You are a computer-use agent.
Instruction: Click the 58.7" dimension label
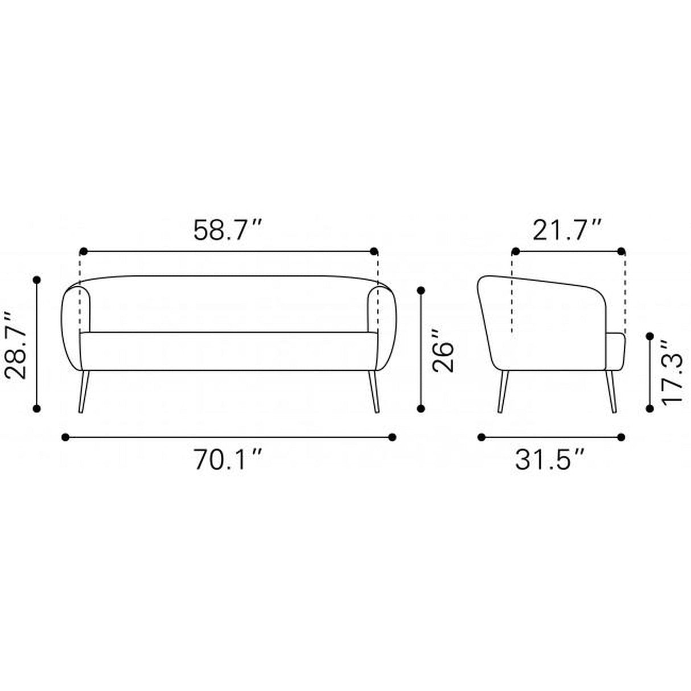[228, 231]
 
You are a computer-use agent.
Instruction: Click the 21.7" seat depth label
[567, 231]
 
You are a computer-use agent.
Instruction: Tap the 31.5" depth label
[550, 461]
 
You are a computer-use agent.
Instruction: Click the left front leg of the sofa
[83, 392]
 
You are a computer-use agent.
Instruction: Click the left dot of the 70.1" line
[65, 437]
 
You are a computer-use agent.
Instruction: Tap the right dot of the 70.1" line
[392, 437]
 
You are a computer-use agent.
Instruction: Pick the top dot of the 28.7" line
[38, 280]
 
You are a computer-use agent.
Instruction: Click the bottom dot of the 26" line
[421, 408]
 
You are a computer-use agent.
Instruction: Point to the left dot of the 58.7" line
[83, 251]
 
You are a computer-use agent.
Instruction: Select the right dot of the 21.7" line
[621, 251]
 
